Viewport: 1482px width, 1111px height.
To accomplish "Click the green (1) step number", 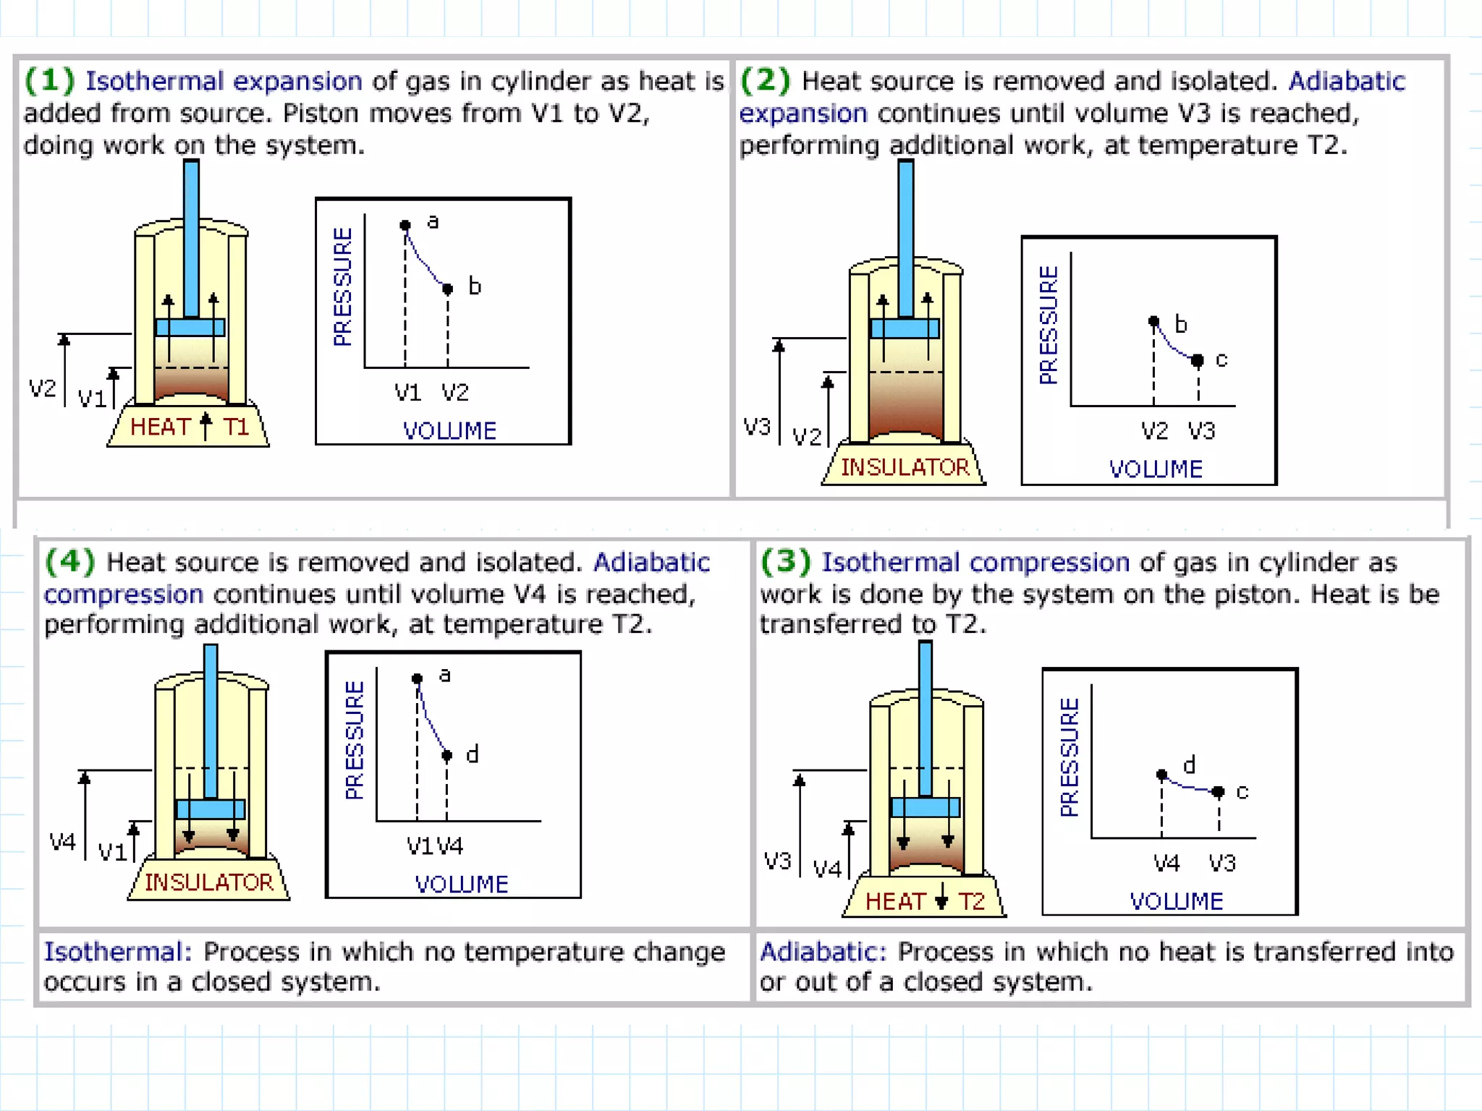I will pos(49,80).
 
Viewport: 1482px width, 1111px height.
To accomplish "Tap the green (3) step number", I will pos(785,561).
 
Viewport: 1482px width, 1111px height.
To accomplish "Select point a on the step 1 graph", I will pos(405,225).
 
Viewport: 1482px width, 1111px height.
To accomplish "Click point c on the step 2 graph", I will pos(1198,360).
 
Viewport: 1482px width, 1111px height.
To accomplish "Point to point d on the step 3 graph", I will pos(1162,775).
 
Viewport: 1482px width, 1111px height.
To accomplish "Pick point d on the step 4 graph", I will pos(447,756).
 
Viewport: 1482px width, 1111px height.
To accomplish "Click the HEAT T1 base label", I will pos(190,427).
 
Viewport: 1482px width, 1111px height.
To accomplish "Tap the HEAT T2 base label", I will pos(925,901).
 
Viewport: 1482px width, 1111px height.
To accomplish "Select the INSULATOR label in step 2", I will pos(905,467).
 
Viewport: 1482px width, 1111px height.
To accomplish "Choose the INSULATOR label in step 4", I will pos(209,882).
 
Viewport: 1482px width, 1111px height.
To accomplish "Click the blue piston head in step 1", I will pos(190,328).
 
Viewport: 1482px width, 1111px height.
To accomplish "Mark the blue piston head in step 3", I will pos(925,807).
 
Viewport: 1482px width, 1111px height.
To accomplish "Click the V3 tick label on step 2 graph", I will pos(1201,431).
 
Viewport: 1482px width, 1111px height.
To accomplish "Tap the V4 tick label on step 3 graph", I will pos(1166,863).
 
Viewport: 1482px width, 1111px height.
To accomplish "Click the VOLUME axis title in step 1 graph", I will pos(449,431).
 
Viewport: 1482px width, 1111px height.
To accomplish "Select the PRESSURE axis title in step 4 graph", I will pos(355,739).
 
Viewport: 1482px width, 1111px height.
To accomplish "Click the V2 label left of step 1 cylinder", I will pos(42,388).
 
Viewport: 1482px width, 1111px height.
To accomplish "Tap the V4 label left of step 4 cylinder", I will pos(62,842).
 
